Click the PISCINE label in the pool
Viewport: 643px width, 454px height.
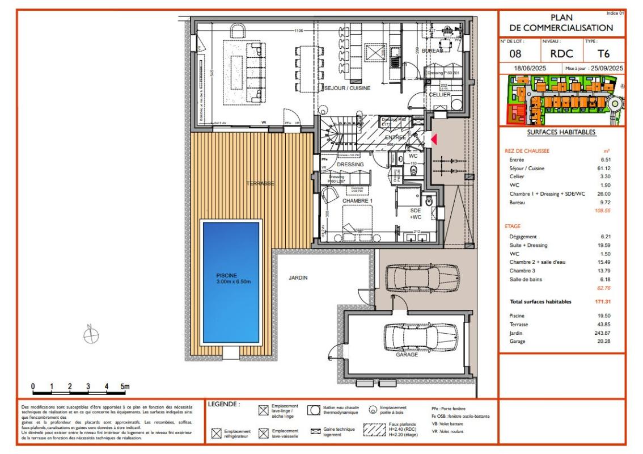click(232, 275)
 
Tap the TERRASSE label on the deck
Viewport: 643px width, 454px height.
click(260, 184)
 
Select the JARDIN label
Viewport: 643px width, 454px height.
click(298, 278)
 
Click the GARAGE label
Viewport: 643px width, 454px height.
click(407, 354)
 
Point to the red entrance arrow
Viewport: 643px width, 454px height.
click(434, 139)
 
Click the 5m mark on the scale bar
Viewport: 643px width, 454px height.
click(124, 386)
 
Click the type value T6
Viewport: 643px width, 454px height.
click(604, 54)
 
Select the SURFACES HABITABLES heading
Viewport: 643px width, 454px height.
click(561, 132)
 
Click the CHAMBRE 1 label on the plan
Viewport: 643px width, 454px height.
click(357, 201)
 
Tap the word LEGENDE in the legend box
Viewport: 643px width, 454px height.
click(224, 405)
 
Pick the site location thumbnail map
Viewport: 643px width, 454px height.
click(561, 100)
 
